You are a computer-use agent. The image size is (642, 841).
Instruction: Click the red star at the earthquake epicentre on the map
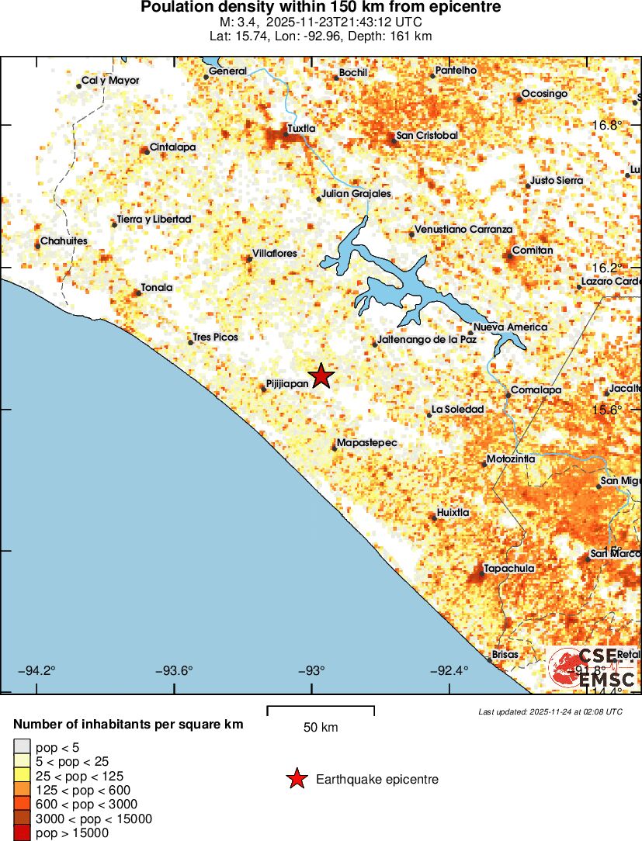(x=321, y=376)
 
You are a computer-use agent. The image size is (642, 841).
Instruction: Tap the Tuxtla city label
(x=301, y=129)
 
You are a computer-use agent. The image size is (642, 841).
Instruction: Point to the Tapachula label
(x=508, y=569)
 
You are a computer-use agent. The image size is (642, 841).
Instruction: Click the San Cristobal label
(x=427, y=136)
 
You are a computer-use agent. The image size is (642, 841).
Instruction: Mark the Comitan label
(x=533, y=251)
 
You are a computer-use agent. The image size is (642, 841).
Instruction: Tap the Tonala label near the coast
(x=157, y=288)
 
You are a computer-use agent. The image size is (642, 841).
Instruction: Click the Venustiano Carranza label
(x=463, y=230)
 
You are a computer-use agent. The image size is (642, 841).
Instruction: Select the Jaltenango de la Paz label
(x=426, y=340)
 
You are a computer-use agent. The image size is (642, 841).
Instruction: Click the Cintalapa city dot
(x=146, y=151)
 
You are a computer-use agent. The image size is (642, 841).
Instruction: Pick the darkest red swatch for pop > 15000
(x=22, y=833)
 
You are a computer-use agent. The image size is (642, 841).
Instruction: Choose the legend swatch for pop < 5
(x=22, y=747)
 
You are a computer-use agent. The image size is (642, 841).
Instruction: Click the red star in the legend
(x=297, y=780)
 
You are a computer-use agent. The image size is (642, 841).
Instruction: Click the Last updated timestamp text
(x=550, y=711)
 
